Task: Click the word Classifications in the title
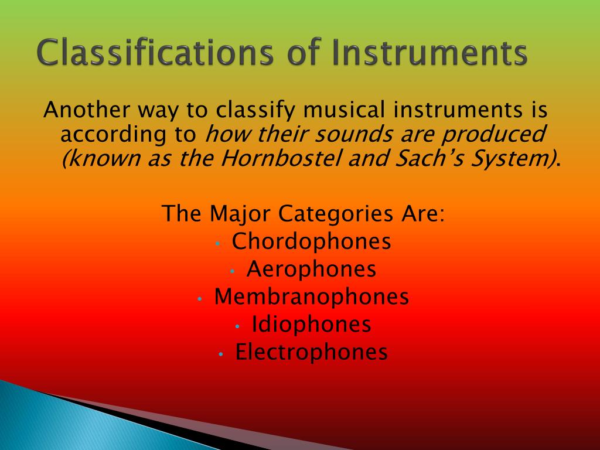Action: pos(154,54)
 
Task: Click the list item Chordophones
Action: pos(311,241)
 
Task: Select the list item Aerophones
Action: pos(311,269)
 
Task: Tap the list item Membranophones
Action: pos(311,296)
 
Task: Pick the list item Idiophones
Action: pos(311,324)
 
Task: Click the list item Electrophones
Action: pos(311,352)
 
